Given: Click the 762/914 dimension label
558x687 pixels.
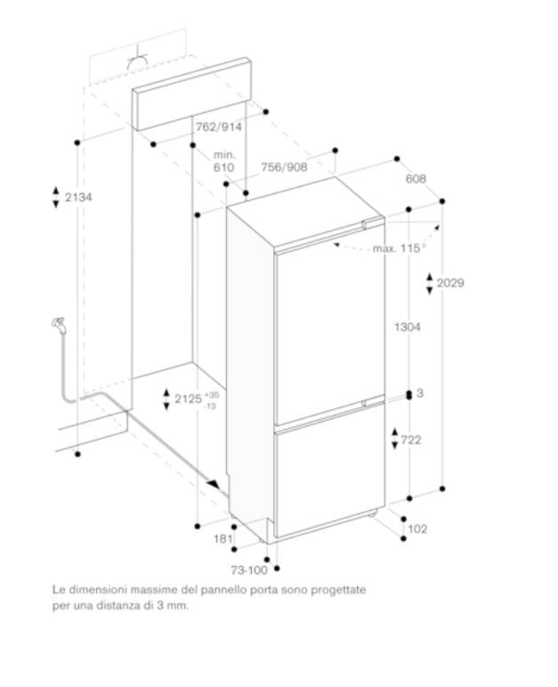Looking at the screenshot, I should pyautogui.click(x=218, y=126).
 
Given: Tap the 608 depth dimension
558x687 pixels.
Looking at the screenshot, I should pyautogui.click(x=416, y=179).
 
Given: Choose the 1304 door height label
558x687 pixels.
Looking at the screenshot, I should pyautogui.click(x=406, y=327).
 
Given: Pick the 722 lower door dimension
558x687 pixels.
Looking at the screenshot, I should pyautogui.click(x=410, y=440).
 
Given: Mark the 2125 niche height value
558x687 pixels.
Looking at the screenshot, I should pyautogui.click(x=187, y=400).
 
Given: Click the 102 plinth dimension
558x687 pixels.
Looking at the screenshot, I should pyautogui.click(x=416, y=529).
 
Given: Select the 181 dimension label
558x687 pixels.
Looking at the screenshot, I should pyautogui.click(x=223, y=538).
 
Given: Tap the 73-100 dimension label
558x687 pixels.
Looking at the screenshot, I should pyautogui.click(x=249, y=570).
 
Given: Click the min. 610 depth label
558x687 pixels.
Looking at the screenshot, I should pyautogui.click(x=223, y=161).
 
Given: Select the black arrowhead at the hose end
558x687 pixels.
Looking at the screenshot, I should pyautogui.click(x=213, y=483).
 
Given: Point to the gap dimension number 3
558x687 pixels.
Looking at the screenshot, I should pyautogui.click(x=419, y=393).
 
